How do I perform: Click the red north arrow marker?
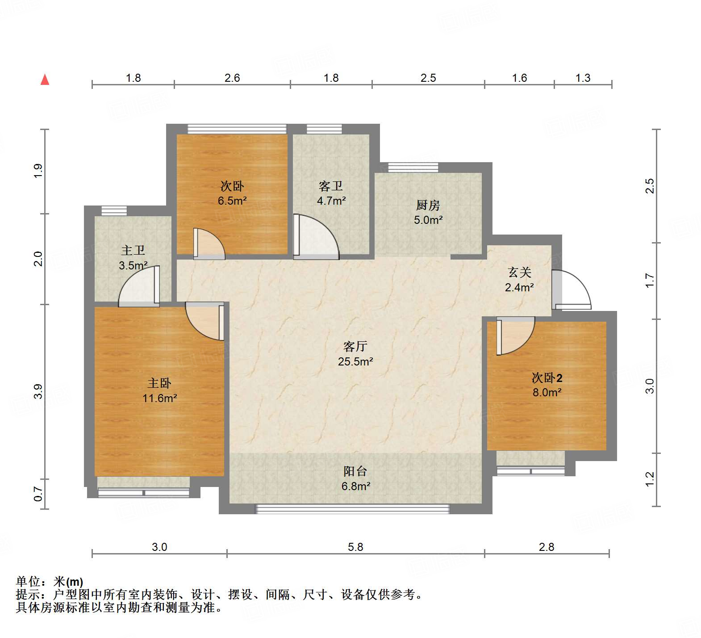click(x=45, y=80)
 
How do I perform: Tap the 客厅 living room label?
click(x=355, y=346)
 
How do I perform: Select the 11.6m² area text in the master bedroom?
click(x=160, y=398)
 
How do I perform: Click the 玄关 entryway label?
click(x=519, y=272)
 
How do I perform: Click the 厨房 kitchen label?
click(x=428, y=205)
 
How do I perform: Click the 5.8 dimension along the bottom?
click(x=355, y=547)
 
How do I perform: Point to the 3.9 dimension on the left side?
click(x=38, y=391)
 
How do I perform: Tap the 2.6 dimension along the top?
click(x=232, y=78)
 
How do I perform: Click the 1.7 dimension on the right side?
click(x=650, y=280)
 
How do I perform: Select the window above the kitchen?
click(x=413, y=168)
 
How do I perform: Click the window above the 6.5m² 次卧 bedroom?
click(x=237, y=129)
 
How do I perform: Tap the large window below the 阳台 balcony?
click(x=352, y=509)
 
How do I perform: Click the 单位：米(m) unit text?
click(x=50, y=582)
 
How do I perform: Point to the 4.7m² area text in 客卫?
click(x=331, y=201)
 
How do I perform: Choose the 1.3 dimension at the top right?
click(x=583, y=78)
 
